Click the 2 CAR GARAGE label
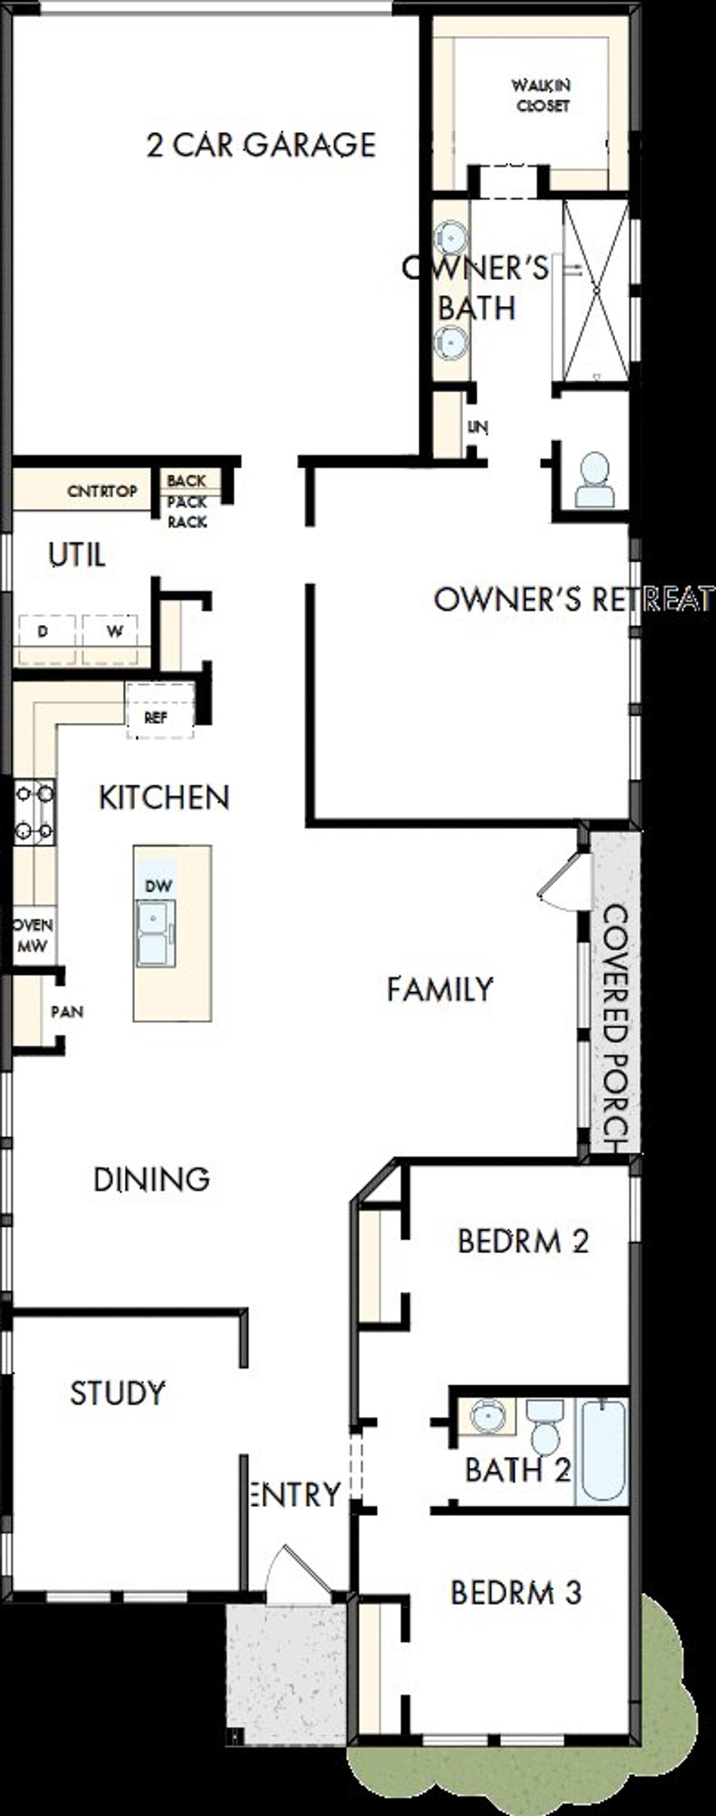coord(261,145)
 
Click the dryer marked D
coord(44,631)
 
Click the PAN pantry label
coord(67,1012)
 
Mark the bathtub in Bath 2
coord(602,1450)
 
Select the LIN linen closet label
coord(478,427)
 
